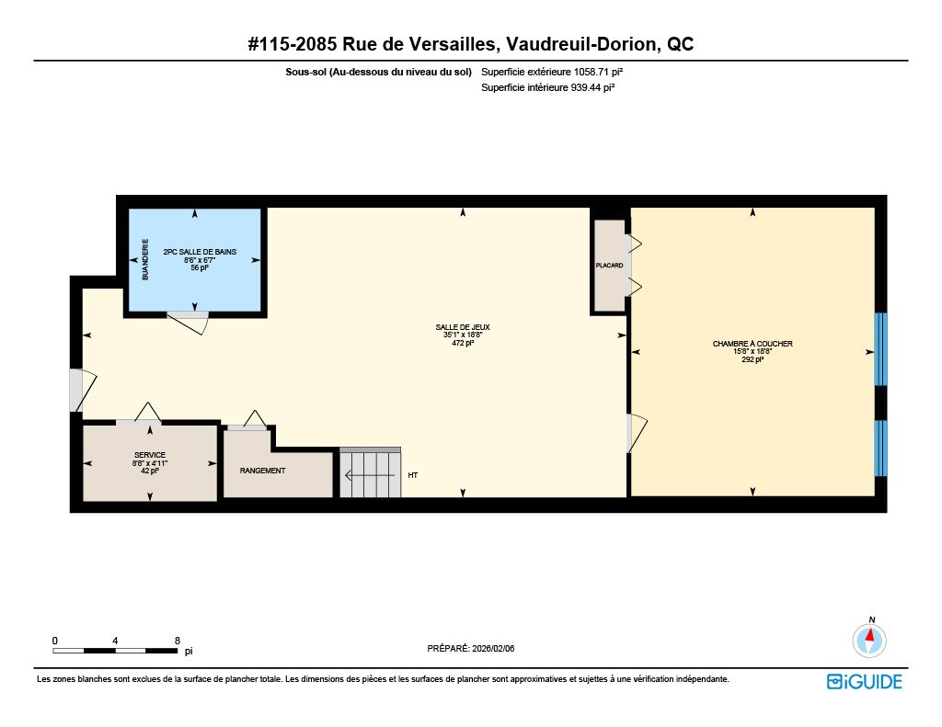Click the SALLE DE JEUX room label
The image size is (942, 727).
pos(463,327)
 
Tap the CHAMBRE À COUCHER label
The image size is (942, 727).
pos(752,344)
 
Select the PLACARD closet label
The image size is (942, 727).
pos(609,266)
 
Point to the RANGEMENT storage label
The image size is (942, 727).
pos(262,471)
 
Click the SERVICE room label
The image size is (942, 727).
pos(150,455)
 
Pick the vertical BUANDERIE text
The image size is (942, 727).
pos(144,259)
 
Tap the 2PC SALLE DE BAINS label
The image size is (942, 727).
pos(200,252)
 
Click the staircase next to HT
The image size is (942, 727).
pos(370,473)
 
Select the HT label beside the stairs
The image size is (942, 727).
pos(413,475)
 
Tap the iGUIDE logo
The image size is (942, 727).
pos(864,681)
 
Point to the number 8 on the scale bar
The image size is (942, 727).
pos(178,641)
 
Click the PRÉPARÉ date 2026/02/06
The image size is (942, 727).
pos(493,648)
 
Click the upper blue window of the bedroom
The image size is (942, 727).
pos(880,348)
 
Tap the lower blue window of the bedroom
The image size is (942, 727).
pos(880,448)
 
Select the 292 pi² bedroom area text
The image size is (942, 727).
pos(752,359)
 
